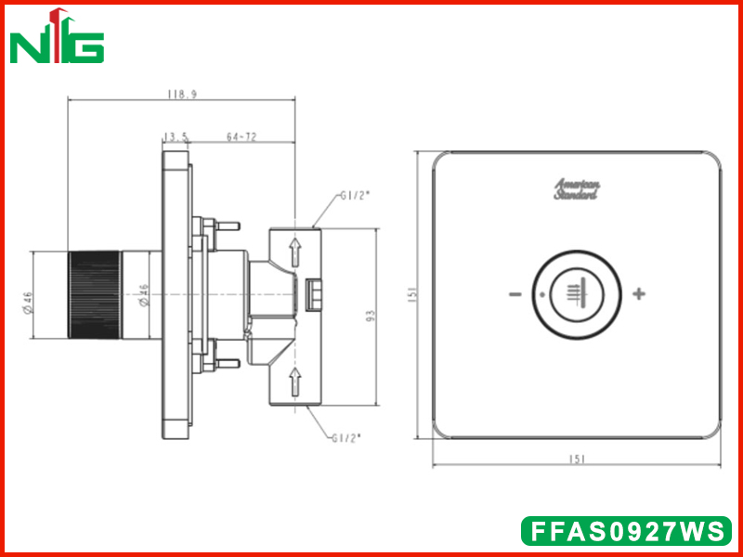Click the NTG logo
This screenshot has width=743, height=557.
57,35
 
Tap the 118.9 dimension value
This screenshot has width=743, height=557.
182,95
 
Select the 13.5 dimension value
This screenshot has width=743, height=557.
176,136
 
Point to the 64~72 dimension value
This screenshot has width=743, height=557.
241,136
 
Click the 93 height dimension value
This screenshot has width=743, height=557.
371,316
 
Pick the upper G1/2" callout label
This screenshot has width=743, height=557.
355,196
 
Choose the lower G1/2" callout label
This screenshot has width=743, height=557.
345,438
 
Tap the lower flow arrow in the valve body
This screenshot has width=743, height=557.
295,382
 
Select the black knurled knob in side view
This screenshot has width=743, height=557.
95,294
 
